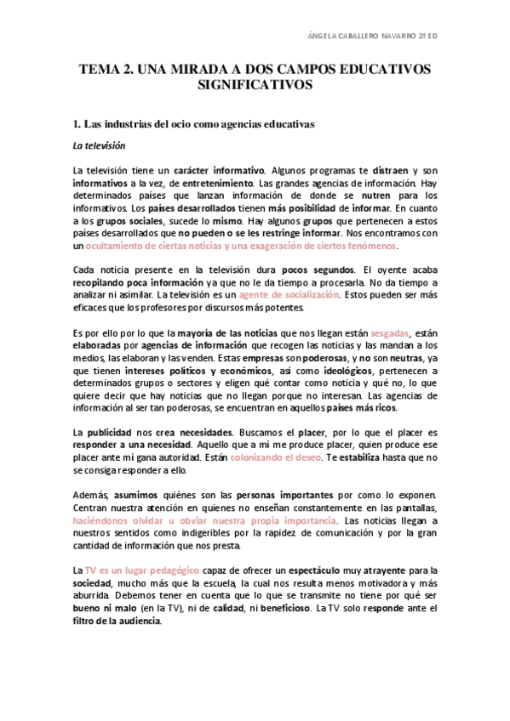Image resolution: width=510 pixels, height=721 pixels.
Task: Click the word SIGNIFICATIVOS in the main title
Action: click(254, 86)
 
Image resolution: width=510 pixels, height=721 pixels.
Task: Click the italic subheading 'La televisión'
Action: click(99, 145)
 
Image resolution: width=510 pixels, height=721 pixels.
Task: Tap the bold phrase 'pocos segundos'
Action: click(313, 270)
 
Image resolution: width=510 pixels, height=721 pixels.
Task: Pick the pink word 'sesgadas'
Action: click(390, 334)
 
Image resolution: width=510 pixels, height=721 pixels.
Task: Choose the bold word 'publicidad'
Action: click(110, 433)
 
